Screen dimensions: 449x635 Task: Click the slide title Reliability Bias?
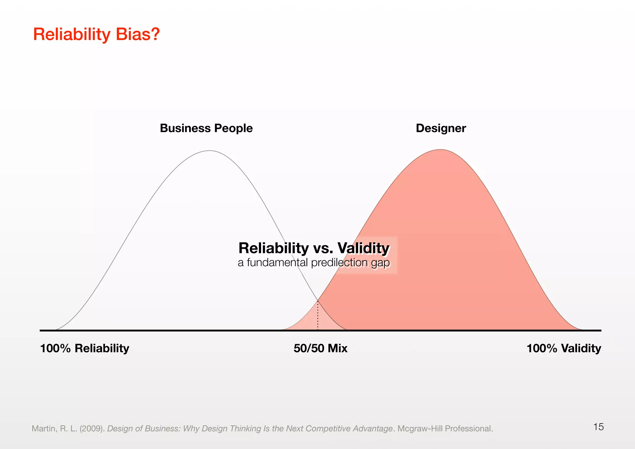tap(96, 34)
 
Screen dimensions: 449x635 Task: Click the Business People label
tap(206, 128)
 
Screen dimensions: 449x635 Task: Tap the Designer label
tap(441, 128)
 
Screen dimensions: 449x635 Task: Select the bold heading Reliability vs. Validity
tap(313, 248)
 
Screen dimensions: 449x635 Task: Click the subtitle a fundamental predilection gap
tap(313, 263)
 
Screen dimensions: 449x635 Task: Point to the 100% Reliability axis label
tap(85, 349)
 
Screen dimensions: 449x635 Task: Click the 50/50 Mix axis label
tap(320, 349)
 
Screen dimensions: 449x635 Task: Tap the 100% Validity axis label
tap(564, 349)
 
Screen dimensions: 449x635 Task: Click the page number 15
tap(598, 427)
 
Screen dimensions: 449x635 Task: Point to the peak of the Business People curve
tap(210, 151)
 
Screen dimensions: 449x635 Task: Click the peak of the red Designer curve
tap(440, 150)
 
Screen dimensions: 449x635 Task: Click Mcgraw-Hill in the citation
tap(420, 429)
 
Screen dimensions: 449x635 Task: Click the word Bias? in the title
tap(138, 34)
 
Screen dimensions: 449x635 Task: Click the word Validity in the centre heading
tap(363, 248)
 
